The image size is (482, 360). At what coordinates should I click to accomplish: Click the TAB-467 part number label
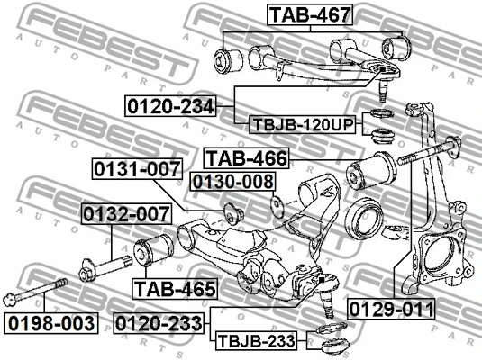tap(310, 14)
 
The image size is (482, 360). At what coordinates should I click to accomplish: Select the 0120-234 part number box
tap(170, 106)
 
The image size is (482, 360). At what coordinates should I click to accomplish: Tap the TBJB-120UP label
tap(303, 125)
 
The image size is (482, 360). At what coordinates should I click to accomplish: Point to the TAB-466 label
tap(247, 158)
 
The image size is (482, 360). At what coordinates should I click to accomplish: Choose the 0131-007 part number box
tap(137, 169)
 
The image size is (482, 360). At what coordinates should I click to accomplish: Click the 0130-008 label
tap(233, 182)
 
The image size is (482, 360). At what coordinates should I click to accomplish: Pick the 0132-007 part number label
tap(126, 214)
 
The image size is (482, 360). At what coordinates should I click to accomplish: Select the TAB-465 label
tap(175, 289)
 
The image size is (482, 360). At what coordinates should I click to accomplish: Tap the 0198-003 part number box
tap(51, 323)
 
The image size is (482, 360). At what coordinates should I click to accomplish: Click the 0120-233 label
tap(159, 323)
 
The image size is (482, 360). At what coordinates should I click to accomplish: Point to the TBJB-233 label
tap(257, 340)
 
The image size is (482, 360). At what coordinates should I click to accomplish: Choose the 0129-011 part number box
tap(392, 309)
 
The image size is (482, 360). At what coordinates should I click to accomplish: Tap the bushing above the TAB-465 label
tap(153, 251)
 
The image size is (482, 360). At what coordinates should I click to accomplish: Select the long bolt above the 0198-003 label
tap(35, 292)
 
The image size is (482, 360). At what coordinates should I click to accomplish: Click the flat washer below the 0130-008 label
tap(277, 207)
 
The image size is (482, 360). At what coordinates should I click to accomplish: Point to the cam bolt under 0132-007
tap(105, 268)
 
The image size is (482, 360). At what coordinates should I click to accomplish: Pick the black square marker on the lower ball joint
tap(322, 280)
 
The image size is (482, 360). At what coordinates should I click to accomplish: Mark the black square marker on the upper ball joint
tap(382, 69)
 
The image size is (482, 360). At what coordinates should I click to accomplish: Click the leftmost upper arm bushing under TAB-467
tap(229, 61)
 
